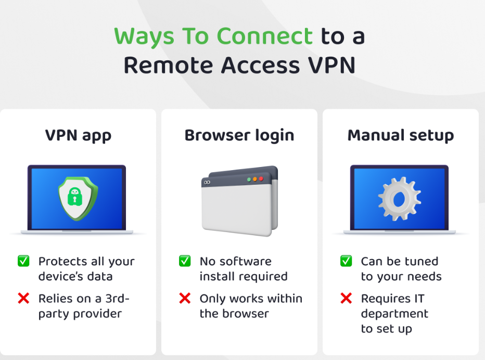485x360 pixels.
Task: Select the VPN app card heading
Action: click(x=78, y=136)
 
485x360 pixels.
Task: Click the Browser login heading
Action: click(x=239, y=136)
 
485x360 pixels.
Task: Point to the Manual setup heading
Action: click(x=401, y=136)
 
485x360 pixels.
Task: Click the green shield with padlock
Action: click(x=76, y=198)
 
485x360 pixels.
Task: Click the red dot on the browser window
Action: click(x=261, y=179)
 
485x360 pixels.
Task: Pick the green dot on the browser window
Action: click(x=249, y=179)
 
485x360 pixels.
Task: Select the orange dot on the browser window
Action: click(x=255, y=179)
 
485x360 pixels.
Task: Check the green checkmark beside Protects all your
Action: click(x=23, y=261)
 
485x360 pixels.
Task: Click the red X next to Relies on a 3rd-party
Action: click(x=23, y=299)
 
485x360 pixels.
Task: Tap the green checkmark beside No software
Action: click(x=185, y=261)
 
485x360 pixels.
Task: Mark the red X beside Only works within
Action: click(x=185, y=299)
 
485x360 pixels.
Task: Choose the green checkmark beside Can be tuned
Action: click(x=346, y=261)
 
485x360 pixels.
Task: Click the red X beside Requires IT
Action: click(x=346, y=299)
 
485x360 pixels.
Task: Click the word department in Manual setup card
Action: click(x=394, y=314)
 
